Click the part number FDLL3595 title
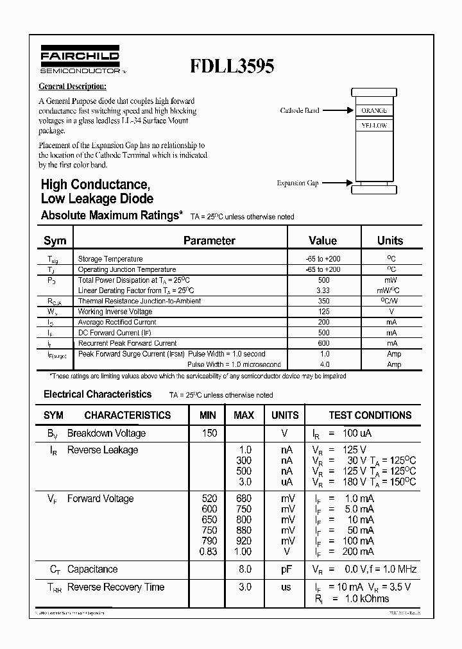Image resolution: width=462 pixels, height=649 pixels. (232, 67)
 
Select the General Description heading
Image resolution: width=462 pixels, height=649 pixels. (73, 87)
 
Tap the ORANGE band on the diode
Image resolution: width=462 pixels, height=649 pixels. (373, 110)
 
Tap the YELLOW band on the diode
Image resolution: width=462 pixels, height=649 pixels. (373, 126)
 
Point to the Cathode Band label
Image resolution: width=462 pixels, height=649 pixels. (299, 110)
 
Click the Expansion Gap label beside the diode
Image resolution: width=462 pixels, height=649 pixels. (298, 183)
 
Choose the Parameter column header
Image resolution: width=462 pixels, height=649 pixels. (209, 240)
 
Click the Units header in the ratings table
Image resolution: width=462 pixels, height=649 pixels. (389, 240)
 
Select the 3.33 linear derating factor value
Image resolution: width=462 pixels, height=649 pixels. (323, 291)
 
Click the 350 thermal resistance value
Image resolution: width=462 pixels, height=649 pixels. (323, 301)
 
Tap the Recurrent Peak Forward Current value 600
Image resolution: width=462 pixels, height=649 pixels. (323, 343)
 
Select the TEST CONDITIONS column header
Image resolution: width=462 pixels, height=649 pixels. (370, 415)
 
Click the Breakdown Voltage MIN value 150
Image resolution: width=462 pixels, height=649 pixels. (209, 433)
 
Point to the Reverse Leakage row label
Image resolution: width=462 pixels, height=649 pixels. (103, 450)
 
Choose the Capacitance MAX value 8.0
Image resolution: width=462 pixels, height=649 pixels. (245, 569)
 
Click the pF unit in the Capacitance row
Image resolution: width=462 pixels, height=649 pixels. (286, 569)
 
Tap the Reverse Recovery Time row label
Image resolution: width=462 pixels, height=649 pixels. (116, 587)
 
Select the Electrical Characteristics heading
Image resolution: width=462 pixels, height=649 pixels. (98, 394)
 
